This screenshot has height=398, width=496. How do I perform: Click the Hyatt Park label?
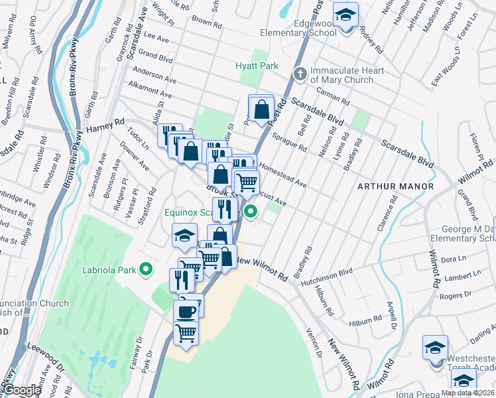pyautogui.click(x=257, y=66)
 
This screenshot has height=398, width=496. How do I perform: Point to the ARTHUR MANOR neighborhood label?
pyautogui.click(x=395, y=186)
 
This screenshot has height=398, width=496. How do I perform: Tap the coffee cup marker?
pyautogui.click(x=186, y=310)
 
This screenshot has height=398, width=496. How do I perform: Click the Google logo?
pyautogui.click(x=21, y=391)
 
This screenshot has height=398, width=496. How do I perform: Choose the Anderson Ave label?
pyautogui.click(x=154, y=74)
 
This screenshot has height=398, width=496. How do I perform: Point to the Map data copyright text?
pyautogui.click(x=467, y=393)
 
